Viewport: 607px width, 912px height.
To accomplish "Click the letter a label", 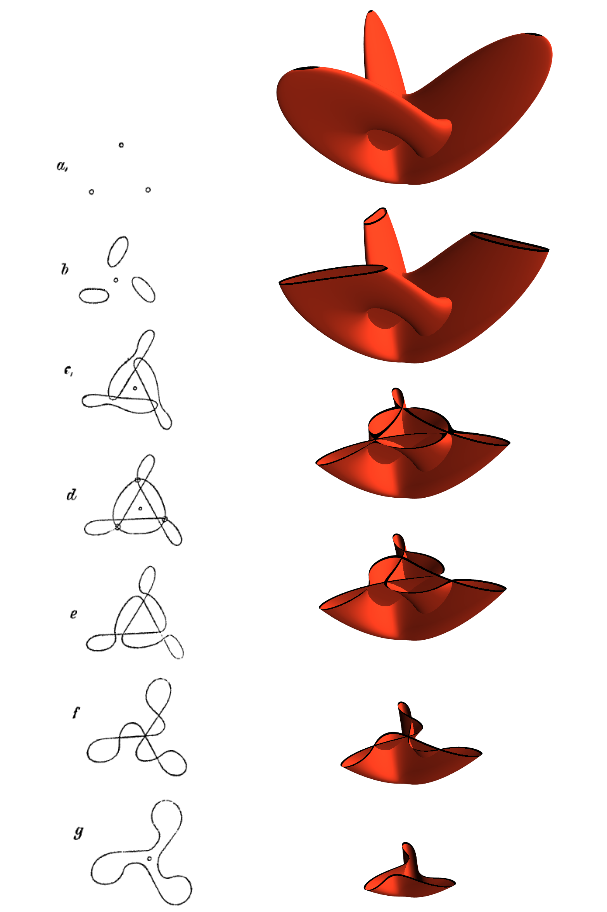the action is [x=62, y=166].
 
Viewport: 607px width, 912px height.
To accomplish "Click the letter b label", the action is [x=65, y=269].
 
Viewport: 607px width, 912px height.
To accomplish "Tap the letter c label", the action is [x=68, y=371].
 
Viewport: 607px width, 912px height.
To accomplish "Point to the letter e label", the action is [x=73, y=614].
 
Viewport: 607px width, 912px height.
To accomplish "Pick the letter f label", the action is [x=76, y=712].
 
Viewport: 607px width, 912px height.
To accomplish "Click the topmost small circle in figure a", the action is [x=121, y=145].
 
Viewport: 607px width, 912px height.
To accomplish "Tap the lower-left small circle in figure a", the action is [x=92, y=192].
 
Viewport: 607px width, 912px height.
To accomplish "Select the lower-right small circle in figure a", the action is [x=148, y=190].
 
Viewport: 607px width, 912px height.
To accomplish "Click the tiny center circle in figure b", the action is [x=116, y=280].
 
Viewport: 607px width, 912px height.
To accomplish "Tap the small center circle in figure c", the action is [x=135, y=388].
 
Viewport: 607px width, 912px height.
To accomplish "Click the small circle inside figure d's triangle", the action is [x=140, y=508].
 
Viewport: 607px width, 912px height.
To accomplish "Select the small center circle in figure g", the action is [x=149, y=859].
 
